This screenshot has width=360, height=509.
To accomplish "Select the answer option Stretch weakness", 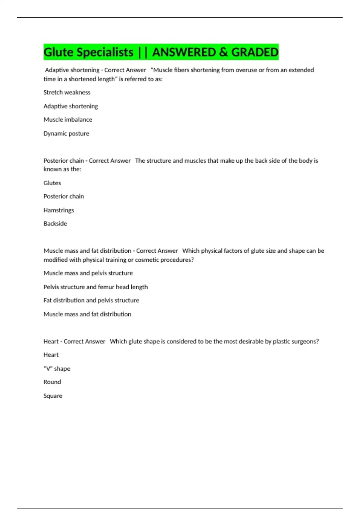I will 67,93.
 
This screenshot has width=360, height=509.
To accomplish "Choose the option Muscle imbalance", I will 68,119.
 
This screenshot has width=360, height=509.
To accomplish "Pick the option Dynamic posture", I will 66,134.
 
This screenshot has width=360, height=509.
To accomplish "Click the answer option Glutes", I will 52,183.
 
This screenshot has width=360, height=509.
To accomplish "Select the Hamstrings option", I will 59,210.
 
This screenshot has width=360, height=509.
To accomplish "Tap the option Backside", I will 55,224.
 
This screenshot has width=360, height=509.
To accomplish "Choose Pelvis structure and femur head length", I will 96,287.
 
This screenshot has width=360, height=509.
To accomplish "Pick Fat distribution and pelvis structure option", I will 91,300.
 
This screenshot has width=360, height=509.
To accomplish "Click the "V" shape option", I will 57,369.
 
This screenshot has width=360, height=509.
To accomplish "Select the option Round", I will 52,382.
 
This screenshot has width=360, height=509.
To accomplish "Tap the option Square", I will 53,396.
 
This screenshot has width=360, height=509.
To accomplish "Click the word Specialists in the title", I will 105,52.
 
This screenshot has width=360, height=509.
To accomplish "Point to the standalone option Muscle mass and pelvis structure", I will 88,273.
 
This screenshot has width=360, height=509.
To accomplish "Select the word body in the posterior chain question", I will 306,161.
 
